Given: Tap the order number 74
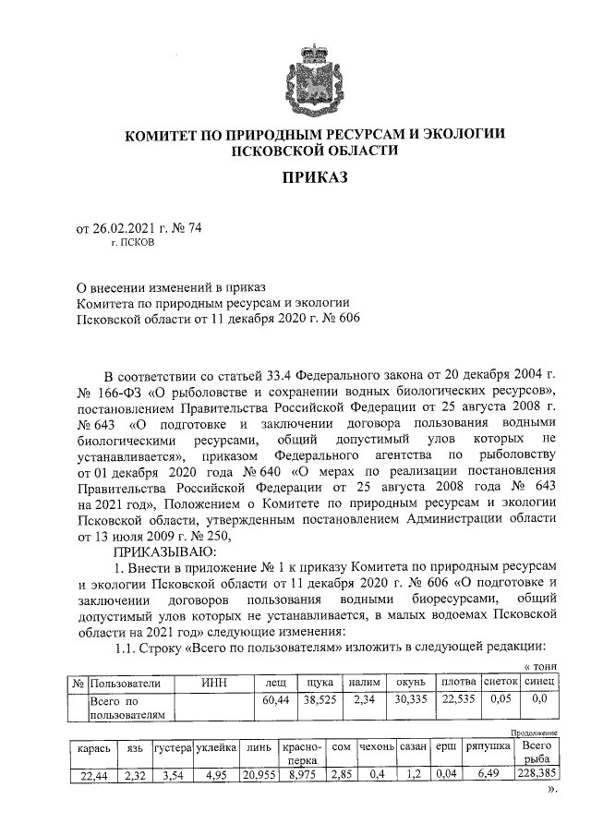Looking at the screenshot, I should click(x=194, y=231).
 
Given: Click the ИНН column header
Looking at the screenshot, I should click(x=215, y=682).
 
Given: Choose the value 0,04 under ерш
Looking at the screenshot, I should click(x=446, y=776).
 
